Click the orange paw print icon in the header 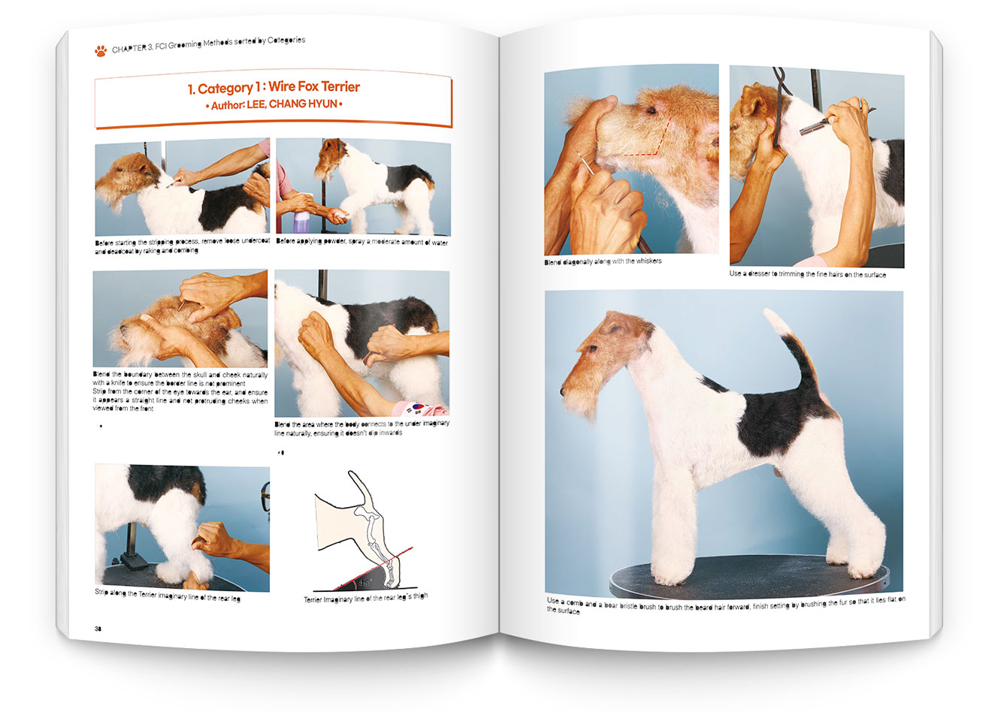point(101,51)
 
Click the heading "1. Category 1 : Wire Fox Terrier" point(274,87)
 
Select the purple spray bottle point(301,221)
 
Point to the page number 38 point(98,629)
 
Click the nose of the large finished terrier point(562,391)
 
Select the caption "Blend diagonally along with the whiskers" point(603,261)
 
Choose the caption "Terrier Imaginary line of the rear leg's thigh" point(366,598)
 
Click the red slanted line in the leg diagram point(372,569)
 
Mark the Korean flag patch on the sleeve point(417,407)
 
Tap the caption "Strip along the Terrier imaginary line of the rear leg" point(168,595)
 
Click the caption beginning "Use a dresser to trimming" point(808,274)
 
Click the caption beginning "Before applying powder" point(361,242)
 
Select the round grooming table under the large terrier point(749,575)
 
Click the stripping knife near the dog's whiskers point(585,163)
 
